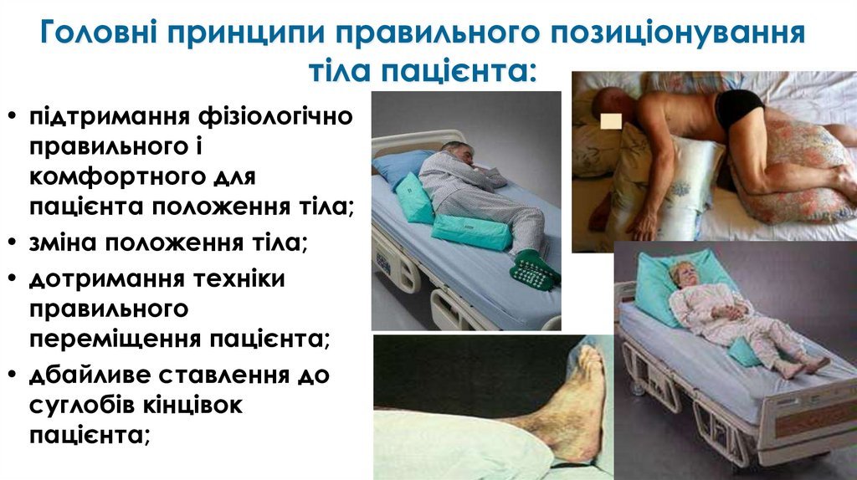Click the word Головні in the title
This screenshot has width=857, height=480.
point(99,33)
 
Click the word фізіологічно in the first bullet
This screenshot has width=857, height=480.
point(275,117)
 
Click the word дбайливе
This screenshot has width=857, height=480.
point(90,375)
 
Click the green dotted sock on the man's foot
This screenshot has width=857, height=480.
point(535,269)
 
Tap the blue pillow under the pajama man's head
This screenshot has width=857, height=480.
point(405,166)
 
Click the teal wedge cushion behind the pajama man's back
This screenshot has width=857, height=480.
point(414,197)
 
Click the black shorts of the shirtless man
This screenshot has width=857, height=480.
point(738,106)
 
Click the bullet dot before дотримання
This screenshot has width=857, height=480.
point(12,278)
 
